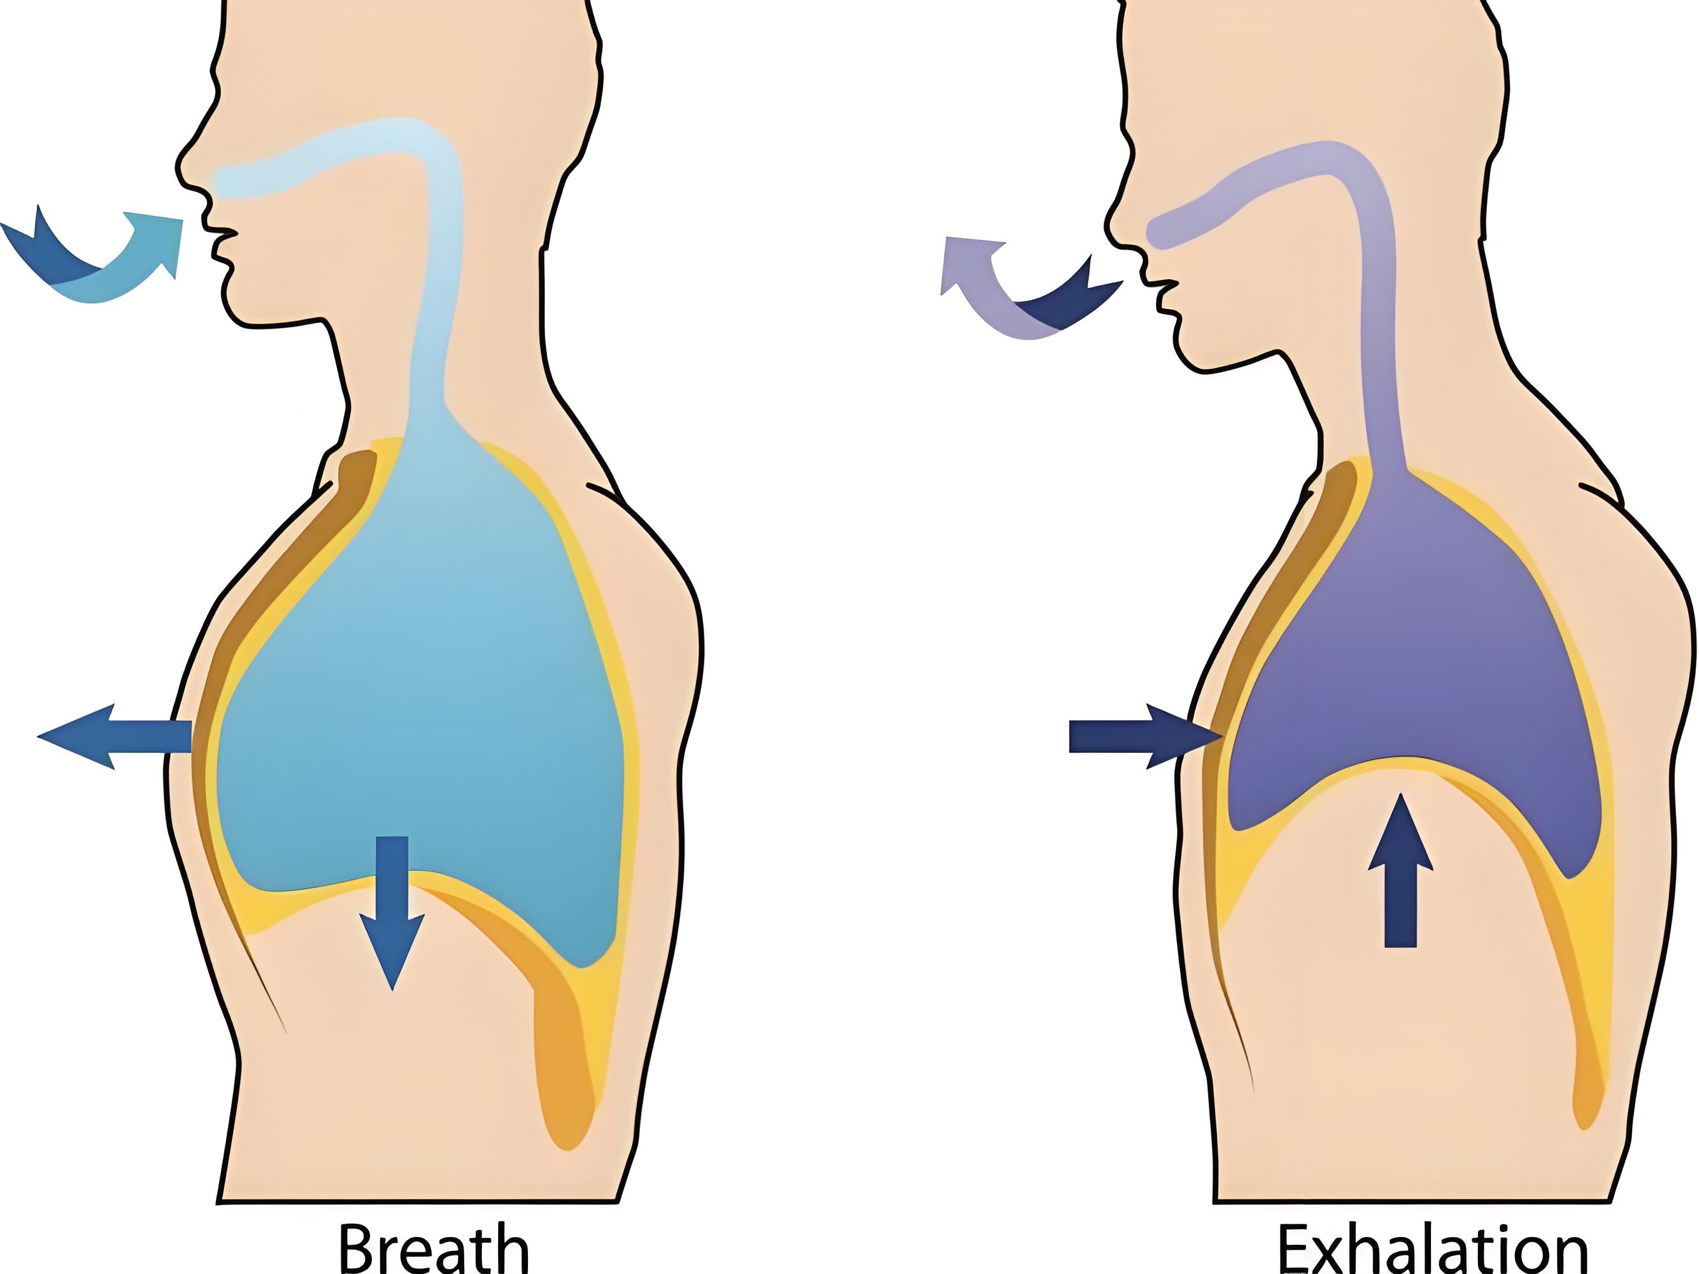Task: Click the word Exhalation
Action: [1432, 1249]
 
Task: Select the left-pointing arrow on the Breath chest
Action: [115, 736]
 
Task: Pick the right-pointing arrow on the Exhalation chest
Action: [1145, 736]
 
